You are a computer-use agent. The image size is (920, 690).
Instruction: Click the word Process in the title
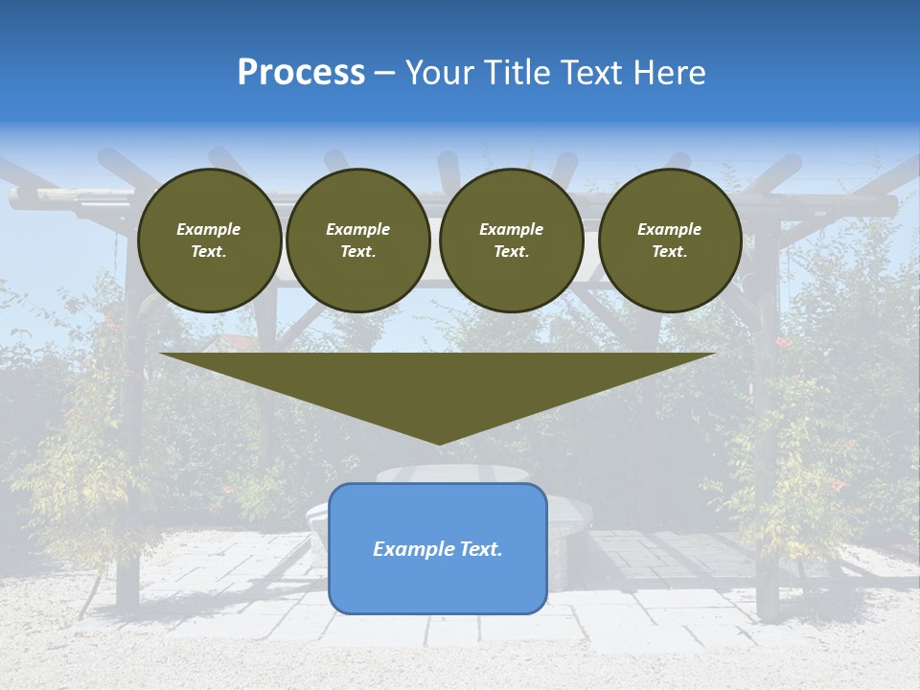pos(301,73)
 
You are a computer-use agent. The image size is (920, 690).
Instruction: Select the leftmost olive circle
pos(210,241)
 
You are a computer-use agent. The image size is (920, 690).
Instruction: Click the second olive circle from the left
pos(357,241)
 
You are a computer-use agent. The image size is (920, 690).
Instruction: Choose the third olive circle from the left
pos(511,241)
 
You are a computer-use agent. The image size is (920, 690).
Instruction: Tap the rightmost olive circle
pos(670,241)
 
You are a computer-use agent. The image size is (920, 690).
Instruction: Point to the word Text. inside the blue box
pos(480,549)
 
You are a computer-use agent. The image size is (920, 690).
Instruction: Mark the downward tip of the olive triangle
pos(439,442)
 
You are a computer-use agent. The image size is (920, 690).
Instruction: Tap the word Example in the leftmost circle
pos(209,229)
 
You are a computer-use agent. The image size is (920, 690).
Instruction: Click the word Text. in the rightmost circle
pos(670,251)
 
